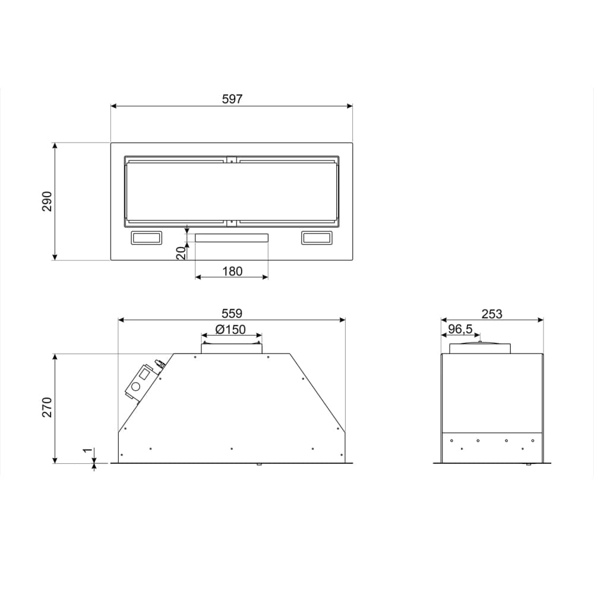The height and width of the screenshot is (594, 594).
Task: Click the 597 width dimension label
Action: (232, 99)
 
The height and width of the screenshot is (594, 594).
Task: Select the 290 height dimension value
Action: (48, 201)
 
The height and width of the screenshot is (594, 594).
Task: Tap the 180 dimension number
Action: (232, 271)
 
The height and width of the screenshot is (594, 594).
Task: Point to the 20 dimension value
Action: (182, 253)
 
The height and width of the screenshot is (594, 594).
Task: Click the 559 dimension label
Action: (232, 313)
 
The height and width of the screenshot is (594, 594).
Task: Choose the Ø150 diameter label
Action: (230, 330)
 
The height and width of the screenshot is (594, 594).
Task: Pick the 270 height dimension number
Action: (48, 407)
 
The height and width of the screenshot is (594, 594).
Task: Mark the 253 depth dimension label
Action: (492, 314)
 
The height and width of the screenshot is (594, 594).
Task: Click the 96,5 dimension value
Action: (460, 328)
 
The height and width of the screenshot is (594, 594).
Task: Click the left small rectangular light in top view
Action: (146, 238)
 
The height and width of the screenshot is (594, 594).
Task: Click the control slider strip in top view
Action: (232, 238)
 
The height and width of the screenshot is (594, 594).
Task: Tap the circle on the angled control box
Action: (137, 387)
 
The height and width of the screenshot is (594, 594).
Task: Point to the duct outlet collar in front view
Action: (231, 347)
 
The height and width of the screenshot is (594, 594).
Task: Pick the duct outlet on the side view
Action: (480, 348)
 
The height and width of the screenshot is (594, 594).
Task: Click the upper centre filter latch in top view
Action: (232, 159)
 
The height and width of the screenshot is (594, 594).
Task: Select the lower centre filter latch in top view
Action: (232, 223)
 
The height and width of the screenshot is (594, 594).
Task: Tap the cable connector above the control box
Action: (159, 362)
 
